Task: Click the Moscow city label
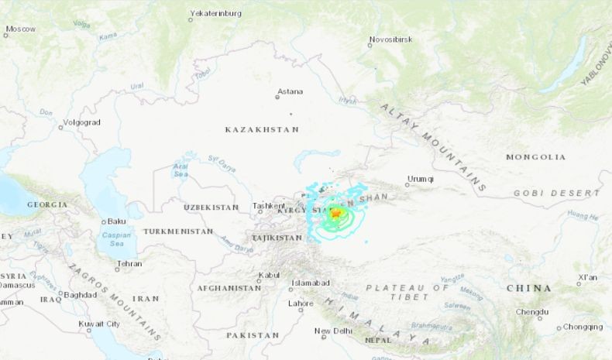click(20, 29)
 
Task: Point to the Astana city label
click(290, 91)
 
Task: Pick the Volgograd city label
click(82, 122)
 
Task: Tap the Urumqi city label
click(421, 179)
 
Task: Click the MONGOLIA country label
click(535, 157)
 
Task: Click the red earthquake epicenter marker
click(336, 213)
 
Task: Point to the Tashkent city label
click(269, 206)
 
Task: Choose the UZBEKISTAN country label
click(211, 207)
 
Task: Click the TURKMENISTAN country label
click(179, 231)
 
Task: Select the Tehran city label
click(129, 263)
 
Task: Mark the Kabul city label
click(269, 275)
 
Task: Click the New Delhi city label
click(333, 331)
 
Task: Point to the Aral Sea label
click(181, 170)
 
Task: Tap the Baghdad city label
click(81, 294)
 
